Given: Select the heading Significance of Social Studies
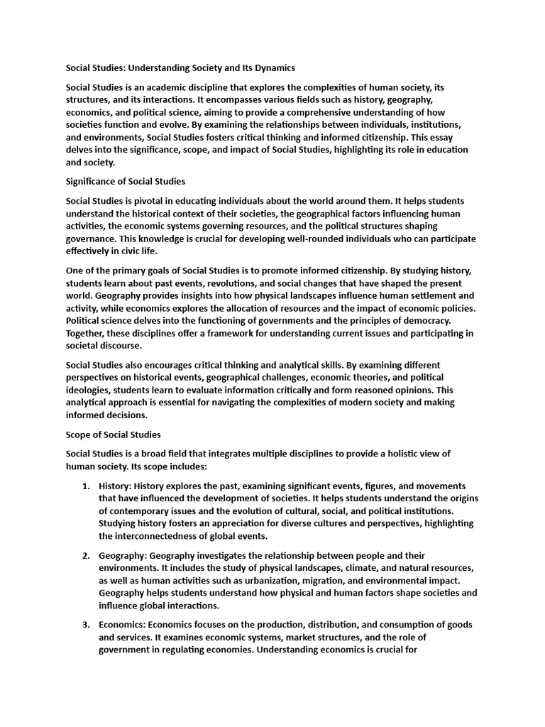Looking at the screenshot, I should click(x=126, y=182).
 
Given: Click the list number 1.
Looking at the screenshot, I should click(x=85, y=486).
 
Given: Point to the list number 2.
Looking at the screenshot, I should click(x=85, y=555).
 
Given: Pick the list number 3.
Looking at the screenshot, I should click(x=85, y=625).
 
